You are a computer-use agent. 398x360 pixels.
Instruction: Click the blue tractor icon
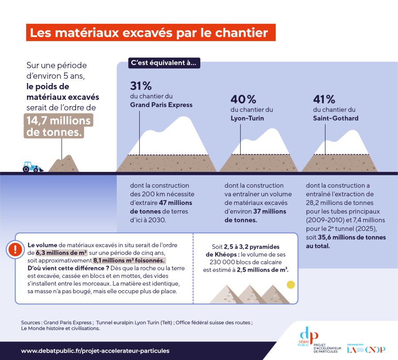coord(32,167)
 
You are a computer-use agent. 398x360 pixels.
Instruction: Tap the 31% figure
coord(141,86)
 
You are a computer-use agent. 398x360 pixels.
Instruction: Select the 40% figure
coord(243,99)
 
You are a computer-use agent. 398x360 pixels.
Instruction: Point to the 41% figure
coord(324,99)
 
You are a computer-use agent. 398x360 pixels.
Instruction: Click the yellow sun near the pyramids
coord(291,285)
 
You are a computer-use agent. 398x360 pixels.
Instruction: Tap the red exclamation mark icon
coord(15,250)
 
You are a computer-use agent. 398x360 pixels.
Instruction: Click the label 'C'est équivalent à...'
coord(164,63)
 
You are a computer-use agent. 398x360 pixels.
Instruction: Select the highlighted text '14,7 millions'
coord(59,121)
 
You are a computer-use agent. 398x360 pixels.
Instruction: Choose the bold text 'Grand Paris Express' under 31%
coord(161,105)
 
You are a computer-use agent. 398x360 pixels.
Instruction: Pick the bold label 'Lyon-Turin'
coord(247,118)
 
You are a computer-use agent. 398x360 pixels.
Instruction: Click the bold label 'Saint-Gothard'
coord(336,118)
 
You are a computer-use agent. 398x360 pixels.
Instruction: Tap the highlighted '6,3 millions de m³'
coord(61,253)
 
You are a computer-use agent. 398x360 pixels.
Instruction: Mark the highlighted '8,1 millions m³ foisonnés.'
coord(129,260)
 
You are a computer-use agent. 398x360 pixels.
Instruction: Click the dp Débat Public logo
coord(308,337)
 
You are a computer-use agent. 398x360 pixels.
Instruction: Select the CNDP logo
coord(375,349)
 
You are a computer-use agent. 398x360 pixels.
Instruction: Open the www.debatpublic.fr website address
coord(95,351)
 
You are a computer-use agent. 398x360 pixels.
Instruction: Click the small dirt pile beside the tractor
coord(63,163)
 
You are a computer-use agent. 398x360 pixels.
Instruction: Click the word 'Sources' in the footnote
coord(31,322)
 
